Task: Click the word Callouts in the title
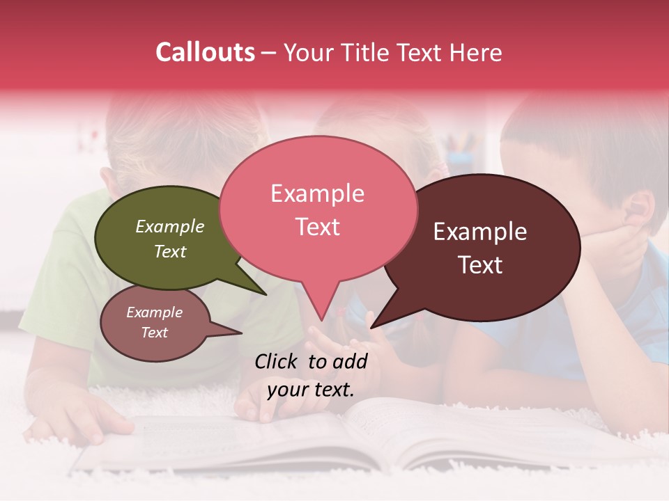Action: (x=205, y=52)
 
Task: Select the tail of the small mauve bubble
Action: (x=237, y=333)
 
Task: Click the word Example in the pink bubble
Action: (x=317, y=193)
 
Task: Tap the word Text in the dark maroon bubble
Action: (x=480, y=265)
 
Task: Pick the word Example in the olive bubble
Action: (x=170, y=227)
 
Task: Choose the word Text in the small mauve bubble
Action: (x=154, y=333)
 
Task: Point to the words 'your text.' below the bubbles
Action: (x=311, y=390)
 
